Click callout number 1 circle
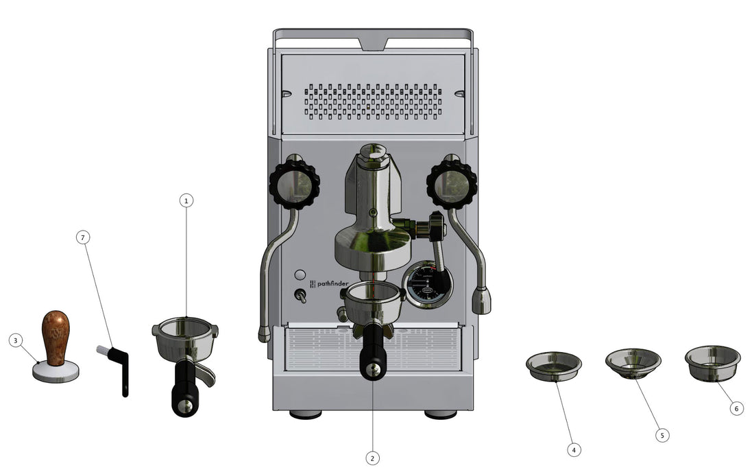pyautogui.click(x=186, y=200)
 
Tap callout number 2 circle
pyautogui.click(x=372, y=458)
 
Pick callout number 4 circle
pyautogui.click(x=574, y=450)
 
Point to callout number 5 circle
pyautogui.click(x=661, y=435)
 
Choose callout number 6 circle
pyautogui.click(x=736, y=408)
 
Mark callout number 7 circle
pyautogui.click(x=83, y=237)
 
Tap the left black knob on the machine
pyautogui.click(x=294, y=184)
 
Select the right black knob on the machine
pyautogui.click(x=452, y=184)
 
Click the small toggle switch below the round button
pyautogui.click(x=300, y=296)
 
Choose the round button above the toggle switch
pyautogui.click(x=300, y=275)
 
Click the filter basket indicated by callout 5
pyautogui.click(x=633, y=362)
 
